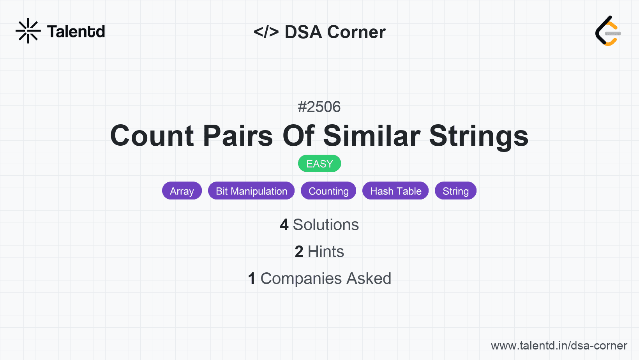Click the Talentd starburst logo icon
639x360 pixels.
tap(28, 31)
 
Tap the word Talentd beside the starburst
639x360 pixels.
tap(76, 32)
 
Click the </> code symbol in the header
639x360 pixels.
tap(266, 32)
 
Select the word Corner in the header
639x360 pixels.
tap(356, 32)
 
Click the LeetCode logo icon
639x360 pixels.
tap(608, 31)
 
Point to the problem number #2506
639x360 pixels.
tap(319, 107)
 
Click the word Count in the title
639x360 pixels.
tap(152, 136)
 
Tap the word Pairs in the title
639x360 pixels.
tap(238, 136)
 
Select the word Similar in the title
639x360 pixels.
tap(372, 136)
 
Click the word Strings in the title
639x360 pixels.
tap(479, 137)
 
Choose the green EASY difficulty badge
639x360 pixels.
tap(319, 164)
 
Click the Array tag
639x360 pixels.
tap(182, 191)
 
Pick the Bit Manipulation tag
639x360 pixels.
tap(251, 191)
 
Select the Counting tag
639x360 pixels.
tap(328, 191)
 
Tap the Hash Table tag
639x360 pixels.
tap(395, 191)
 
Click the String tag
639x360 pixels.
tap(455, 191)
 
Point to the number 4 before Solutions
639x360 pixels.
tap(284, 225)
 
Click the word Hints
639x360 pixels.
tap(326, 252)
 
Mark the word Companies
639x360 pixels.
tap(301, 279)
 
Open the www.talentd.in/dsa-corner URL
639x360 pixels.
tap(559, 346)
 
